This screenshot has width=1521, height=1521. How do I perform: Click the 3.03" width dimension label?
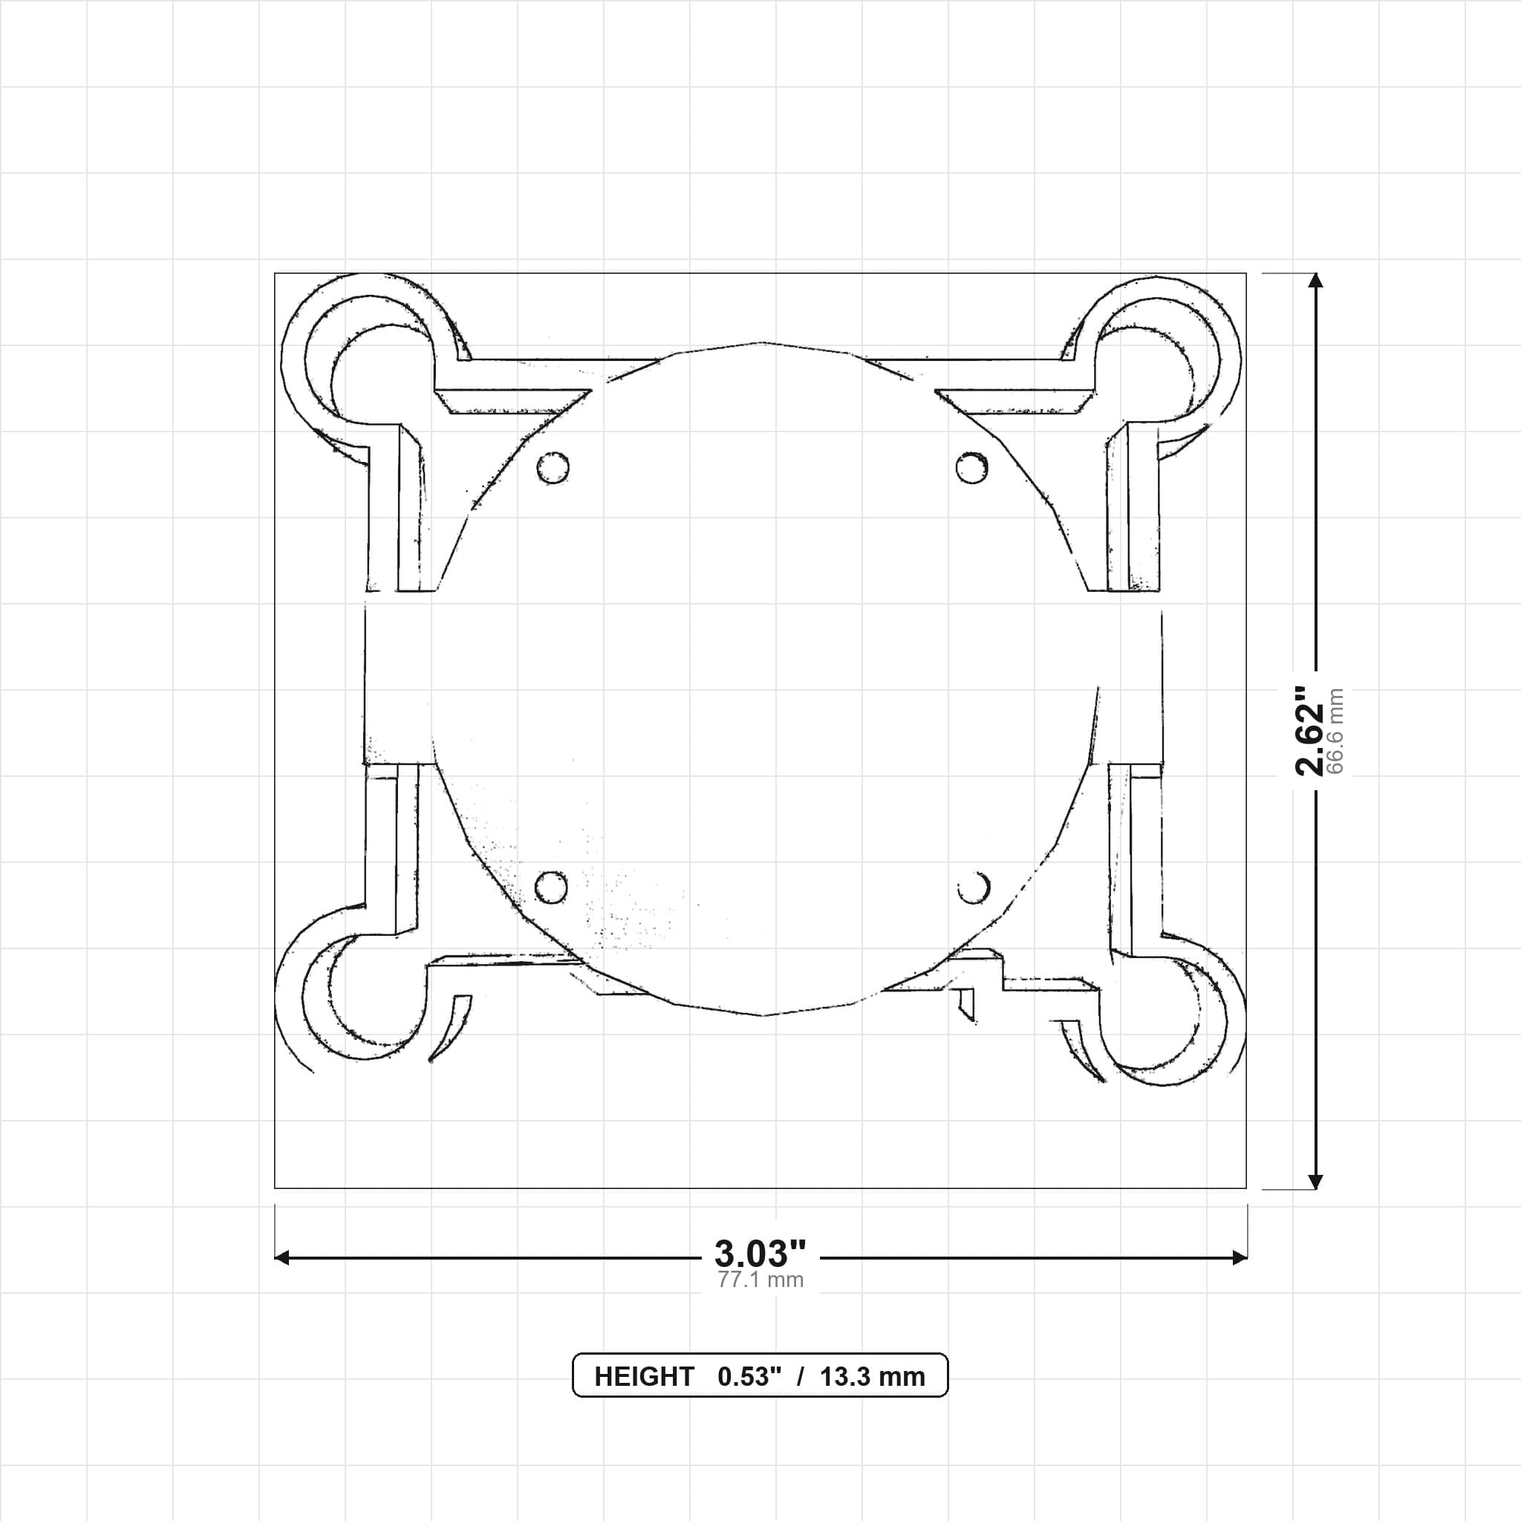click(x=760, y=1253)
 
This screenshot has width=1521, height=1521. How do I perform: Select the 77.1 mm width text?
click(x=760, y=1280)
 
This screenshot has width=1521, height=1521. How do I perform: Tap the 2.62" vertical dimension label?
click(x=1311, y=731)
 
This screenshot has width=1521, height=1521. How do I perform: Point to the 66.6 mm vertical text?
click(x=1335, y=732)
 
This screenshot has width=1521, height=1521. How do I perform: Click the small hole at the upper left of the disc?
click(x=553, y=468)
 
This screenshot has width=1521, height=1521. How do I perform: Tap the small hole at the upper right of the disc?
click(x=971, y=468)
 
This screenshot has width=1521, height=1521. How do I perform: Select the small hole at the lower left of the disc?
click(x=551, y=887)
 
